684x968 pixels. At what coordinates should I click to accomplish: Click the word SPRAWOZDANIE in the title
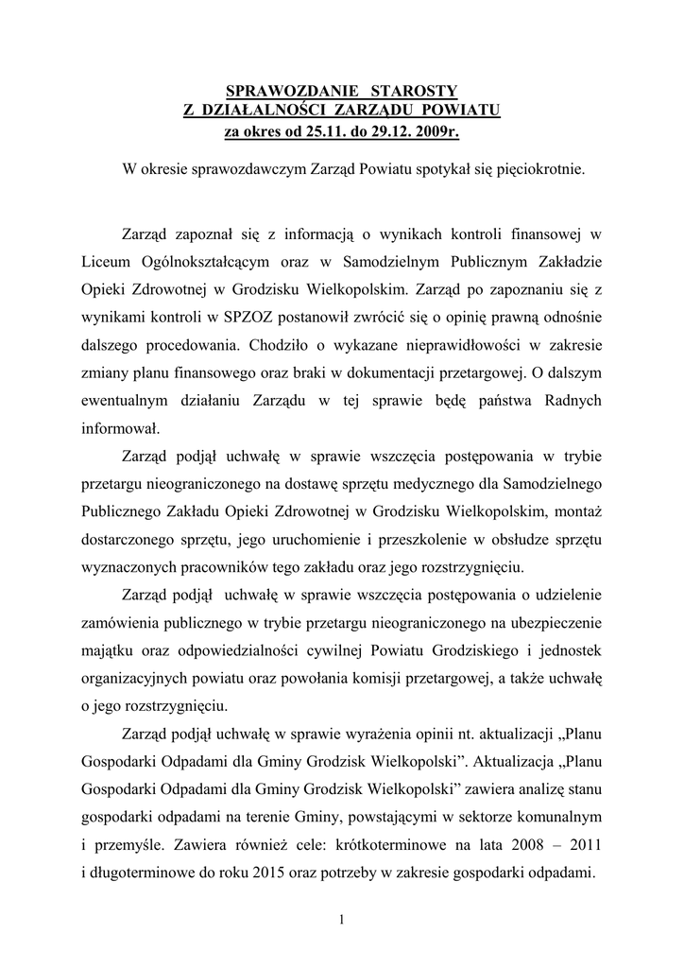point(292,91)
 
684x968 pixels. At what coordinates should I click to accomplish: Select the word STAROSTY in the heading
point(417,91)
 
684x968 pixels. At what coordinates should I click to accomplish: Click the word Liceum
point(104,260)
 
